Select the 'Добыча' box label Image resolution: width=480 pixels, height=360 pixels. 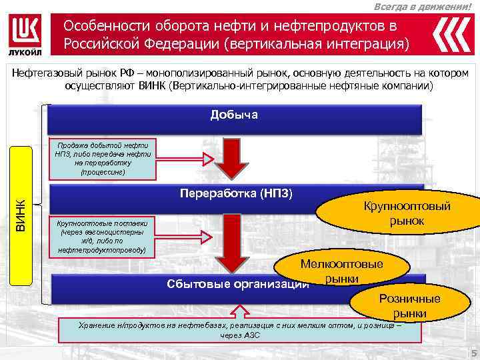click(234, 115)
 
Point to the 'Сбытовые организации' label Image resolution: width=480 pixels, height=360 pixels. click(237, 285)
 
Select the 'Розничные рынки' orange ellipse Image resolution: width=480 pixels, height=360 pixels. click(409, 305)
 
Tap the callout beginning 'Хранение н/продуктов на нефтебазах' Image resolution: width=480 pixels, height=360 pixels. click(239, 329)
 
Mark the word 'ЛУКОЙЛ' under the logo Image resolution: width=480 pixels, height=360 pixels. click(27, 53)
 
